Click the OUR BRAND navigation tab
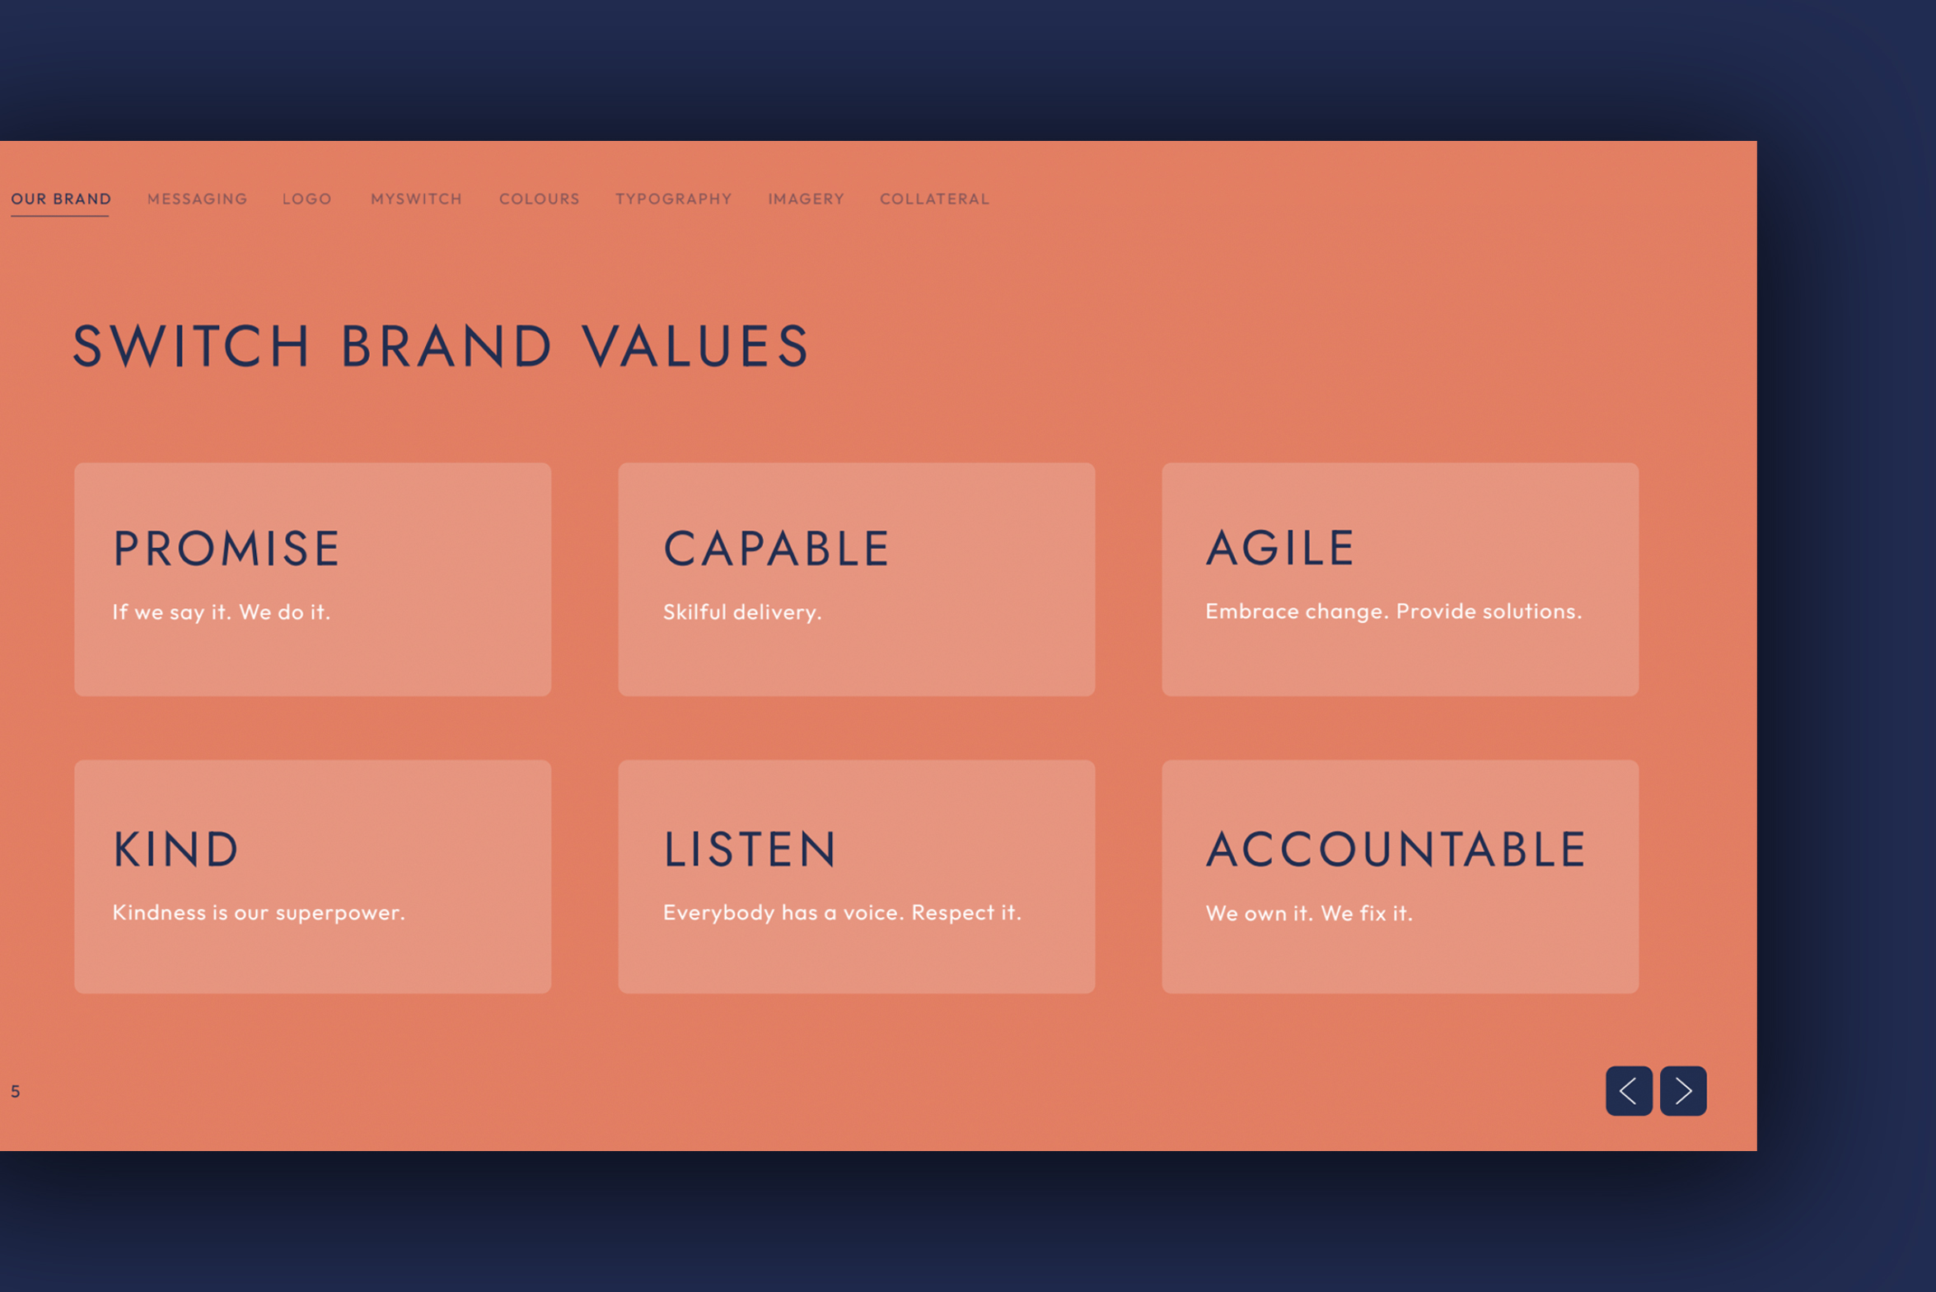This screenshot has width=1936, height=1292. coord(61,199)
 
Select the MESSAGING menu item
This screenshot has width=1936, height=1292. coord(197,199)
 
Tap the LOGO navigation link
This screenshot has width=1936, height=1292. coord(306,199)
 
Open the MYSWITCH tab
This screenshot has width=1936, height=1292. coord(416,199)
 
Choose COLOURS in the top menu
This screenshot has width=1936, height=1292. coord(540,199)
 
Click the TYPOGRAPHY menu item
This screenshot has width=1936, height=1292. coord(673,199)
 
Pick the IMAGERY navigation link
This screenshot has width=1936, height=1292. coord(806,199)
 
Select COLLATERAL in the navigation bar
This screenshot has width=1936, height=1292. coord(934,199)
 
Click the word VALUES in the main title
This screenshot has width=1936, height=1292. coord(696,345)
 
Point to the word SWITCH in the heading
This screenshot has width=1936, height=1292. coord(191,345)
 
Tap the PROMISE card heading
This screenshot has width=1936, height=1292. coord(226,548)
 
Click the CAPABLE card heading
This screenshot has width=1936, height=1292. coord(776,548)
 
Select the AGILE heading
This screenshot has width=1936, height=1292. coord(1280,547)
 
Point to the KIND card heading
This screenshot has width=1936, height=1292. coord(175,849)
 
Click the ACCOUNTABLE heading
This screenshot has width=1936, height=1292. coord(1396,849)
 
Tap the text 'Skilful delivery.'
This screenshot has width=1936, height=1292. coord(742,612)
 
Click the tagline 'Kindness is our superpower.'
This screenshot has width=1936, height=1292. coord(259,913)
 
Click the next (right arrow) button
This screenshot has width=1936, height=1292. coord(1683,1091)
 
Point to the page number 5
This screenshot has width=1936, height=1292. coord(15,1092)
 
